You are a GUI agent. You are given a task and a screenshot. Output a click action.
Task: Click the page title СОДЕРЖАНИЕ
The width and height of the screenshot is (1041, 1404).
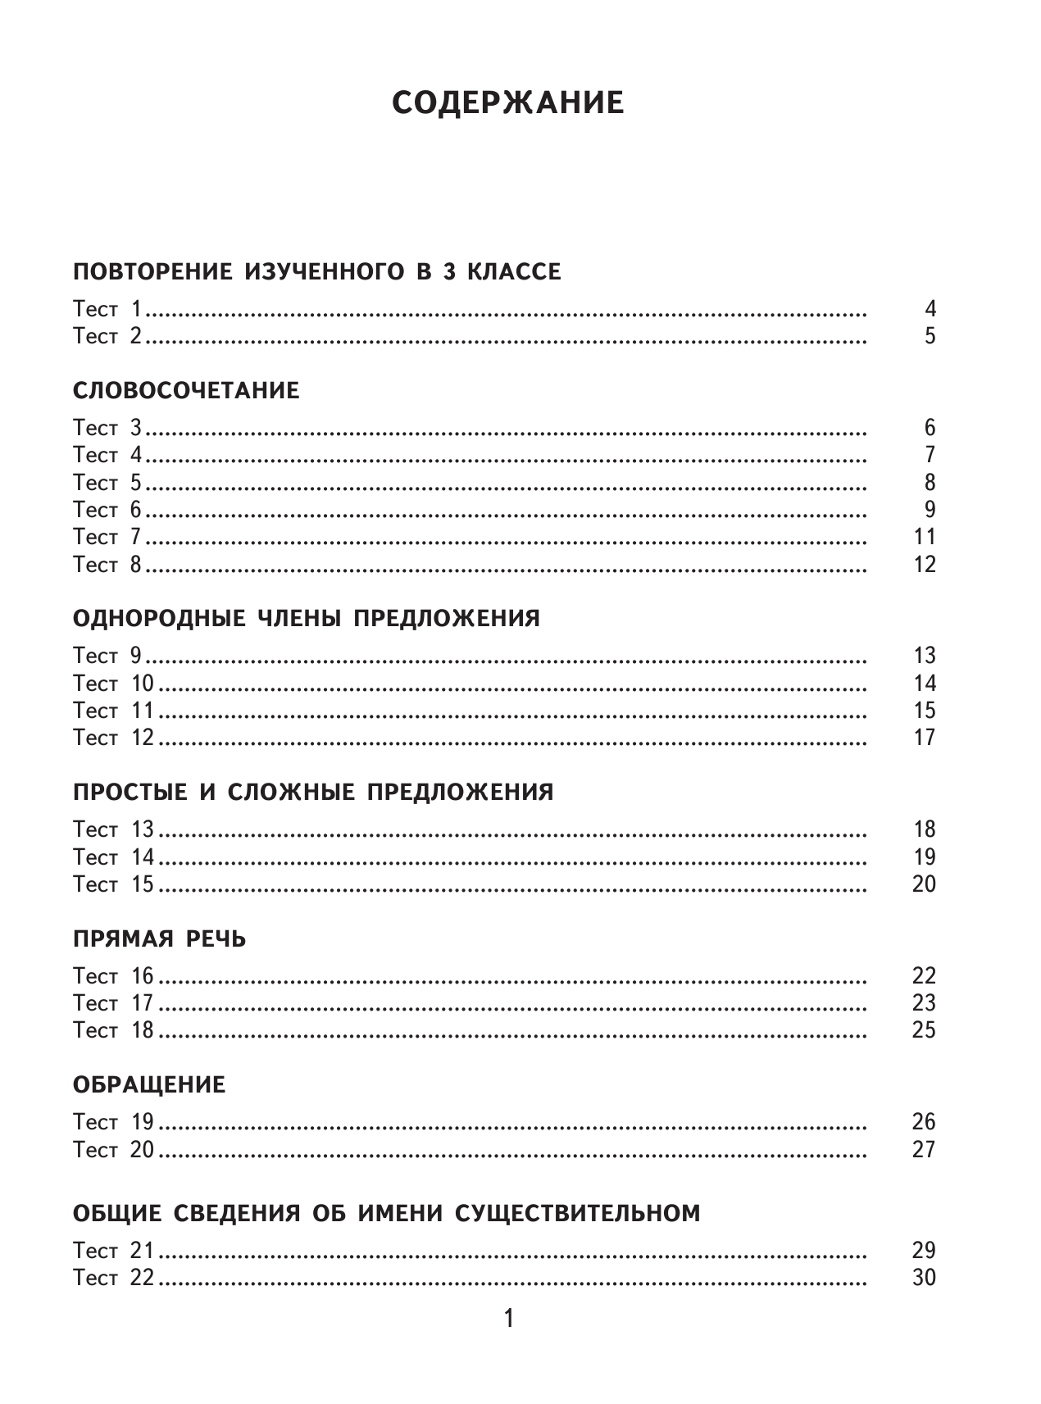(x=507, y=103)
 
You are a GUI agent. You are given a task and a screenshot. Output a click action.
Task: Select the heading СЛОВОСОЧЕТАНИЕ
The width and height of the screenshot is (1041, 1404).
(x=186, y=390)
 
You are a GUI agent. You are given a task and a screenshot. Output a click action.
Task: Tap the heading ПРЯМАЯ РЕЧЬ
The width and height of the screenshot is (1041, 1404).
(x=159, y=938)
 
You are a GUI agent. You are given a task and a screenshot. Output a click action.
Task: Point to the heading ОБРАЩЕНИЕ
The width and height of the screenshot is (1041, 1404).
(x=149, y=1085)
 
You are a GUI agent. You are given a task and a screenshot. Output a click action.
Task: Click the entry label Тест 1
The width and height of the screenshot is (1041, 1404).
(x=107, y=310)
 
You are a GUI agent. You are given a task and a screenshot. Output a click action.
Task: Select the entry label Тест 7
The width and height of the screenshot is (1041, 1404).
(x=107, y=538)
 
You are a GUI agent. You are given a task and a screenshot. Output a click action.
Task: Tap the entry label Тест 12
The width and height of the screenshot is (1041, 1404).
(x=113, y=738)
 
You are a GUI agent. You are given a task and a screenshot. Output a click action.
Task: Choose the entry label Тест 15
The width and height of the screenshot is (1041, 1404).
(x=113, y=884)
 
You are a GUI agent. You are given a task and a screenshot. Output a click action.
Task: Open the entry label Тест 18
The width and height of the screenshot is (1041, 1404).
(x=113, y=1030)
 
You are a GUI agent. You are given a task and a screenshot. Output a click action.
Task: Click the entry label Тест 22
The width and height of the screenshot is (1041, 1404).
(x=113, y=1278)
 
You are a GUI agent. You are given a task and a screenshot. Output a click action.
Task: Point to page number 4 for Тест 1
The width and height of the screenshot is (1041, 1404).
(x=930, y=310)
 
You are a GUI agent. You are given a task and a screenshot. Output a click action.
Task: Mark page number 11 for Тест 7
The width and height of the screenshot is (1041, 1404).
(x=924, y=538)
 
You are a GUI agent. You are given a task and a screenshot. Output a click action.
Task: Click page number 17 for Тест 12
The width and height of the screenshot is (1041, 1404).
(x=924, y=738)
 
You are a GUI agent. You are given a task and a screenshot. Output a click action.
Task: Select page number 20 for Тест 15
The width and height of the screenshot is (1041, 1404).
(x=924, y=884)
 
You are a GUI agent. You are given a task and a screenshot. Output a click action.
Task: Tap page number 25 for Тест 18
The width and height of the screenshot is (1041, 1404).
(x=924, y=1030)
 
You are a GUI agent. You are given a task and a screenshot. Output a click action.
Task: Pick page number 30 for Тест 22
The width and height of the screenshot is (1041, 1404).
(x=924, y=1278)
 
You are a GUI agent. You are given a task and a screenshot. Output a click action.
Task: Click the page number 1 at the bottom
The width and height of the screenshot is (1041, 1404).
(x=508, y=1319)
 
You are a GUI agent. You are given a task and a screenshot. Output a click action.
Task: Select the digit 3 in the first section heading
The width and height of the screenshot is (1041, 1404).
(x=448, y=272)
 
